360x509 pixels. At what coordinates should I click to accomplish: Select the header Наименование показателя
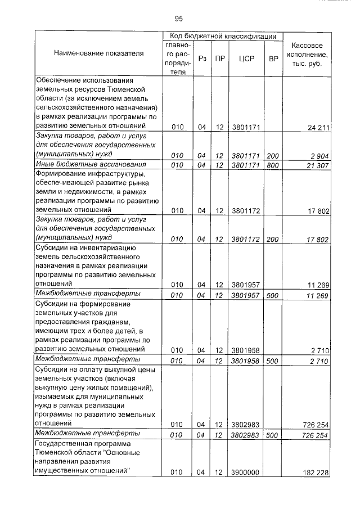98,53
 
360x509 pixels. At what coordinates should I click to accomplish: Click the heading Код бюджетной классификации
222,36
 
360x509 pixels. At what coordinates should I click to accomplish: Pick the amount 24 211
318,128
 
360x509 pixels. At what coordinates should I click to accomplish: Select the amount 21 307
318,164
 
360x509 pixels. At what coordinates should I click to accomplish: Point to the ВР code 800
273,164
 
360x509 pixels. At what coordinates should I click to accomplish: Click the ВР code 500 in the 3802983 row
273,435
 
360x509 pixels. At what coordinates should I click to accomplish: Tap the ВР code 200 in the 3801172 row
273,239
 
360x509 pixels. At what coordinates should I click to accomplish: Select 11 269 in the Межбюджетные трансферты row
318,295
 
